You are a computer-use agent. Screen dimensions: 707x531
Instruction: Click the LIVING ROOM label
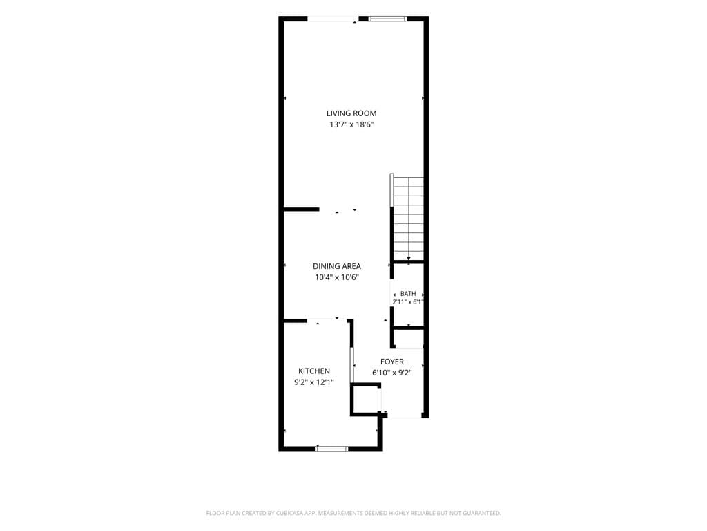pyautogui.click(x=351, y=113)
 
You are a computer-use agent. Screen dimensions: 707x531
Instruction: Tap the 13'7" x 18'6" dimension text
pyautogui.click(x=351, y=124)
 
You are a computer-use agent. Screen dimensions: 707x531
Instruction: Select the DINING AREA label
pyautogui.click(x=337, y=266)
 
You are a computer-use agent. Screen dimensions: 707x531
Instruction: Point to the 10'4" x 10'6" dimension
pyautogui.click(x=337, y=277)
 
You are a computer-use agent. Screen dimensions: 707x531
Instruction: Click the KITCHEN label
pyautogui.click(x=314, y=371)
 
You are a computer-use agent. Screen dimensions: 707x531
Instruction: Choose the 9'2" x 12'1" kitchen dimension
pyautogui.click(x=314, y=382)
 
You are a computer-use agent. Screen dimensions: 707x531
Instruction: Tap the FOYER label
pyautogui.click(x=392, y=362)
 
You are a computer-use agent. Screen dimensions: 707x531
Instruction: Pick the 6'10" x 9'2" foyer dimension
pyautogui.click(x=392, y=373)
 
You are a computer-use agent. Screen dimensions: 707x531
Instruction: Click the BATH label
pyautogui.click(x=408, y=293)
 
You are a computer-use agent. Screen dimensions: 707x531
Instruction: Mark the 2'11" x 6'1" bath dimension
pyautogui.click(x=408, y=302)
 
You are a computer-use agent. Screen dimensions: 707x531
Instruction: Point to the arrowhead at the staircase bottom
pyautogui.click(x=409, y=259)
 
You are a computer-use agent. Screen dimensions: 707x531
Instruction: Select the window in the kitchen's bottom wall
pyautogui.click(x=332, y=449)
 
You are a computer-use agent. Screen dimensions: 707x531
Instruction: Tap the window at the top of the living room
pyautogui.click(x=387, y=19)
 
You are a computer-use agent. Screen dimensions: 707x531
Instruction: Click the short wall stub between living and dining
pyautogui.click(x=301, y=209)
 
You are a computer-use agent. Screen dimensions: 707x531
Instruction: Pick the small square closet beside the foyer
pyautogui.click(x=366, y=399)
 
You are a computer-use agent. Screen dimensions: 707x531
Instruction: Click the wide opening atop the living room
pyautogui.click(x=333, y=19)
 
